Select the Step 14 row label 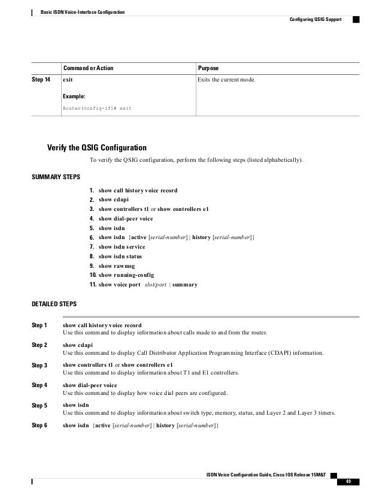[x=40, y=80]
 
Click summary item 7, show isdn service [x=122, y=246]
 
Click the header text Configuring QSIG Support [x=315, y=19]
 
